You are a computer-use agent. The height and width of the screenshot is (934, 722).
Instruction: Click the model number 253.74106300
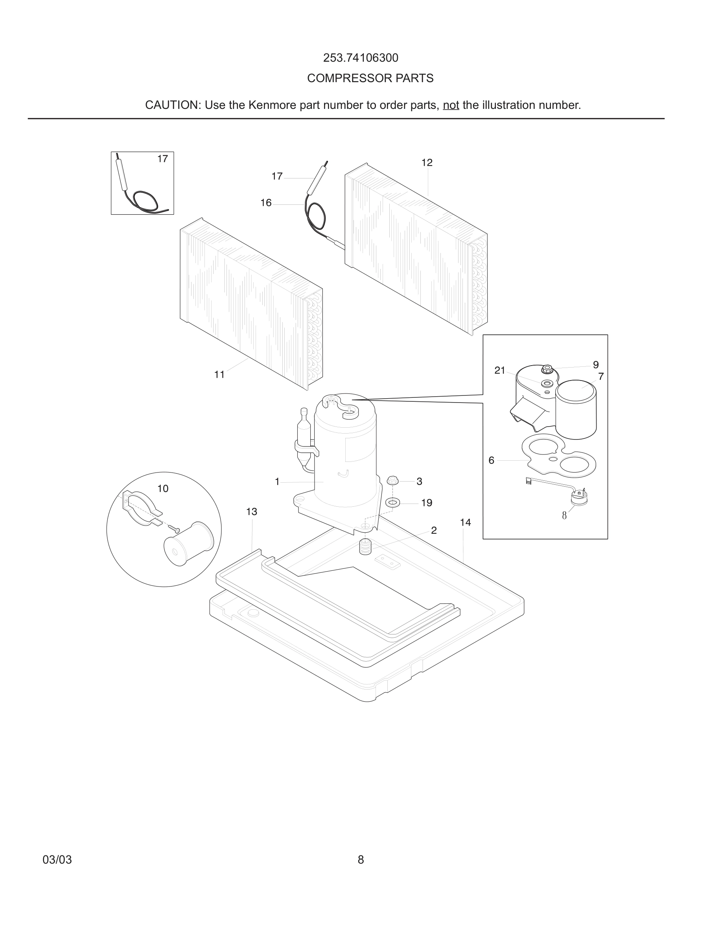click(361, 58)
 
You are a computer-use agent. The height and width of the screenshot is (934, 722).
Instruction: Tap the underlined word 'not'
click(451, 105)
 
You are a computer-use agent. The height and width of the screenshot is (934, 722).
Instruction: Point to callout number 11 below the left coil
click(219, 375)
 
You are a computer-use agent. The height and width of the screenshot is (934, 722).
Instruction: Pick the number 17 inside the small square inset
click(162, 159)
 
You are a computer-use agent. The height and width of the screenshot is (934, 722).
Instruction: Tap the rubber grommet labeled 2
click(365, 547)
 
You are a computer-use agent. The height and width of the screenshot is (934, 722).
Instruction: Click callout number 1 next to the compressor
click(277, 482)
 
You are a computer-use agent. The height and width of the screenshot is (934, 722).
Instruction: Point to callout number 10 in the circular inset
click(162, 488)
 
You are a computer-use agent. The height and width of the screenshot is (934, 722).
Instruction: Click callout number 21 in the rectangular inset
click(499, 370)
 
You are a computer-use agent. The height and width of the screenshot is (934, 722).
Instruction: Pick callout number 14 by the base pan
click(465, 522)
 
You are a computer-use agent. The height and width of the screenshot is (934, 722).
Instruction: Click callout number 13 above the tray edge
click(252, 511)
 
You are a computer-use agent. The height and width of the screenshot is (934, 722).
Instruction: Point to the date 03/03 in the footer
click(57, 860)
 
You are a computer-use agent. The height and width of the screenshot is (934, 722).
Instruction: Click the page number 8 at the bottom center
click(361, 860)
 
